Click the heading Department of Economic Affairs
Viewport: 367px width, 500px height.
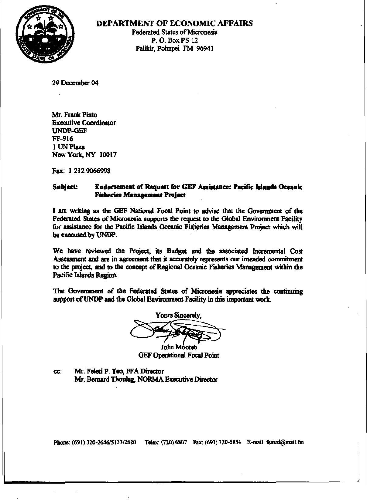point(174,23)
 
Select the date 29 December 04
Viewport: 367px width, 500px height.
point(75,83)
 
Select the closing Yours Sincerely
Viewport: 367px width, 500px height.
point(178,315)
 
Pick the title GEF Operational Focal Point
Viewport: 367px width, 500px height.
point(179,355)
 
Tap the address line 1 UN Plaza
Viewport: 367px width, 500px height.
point(68,147)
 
